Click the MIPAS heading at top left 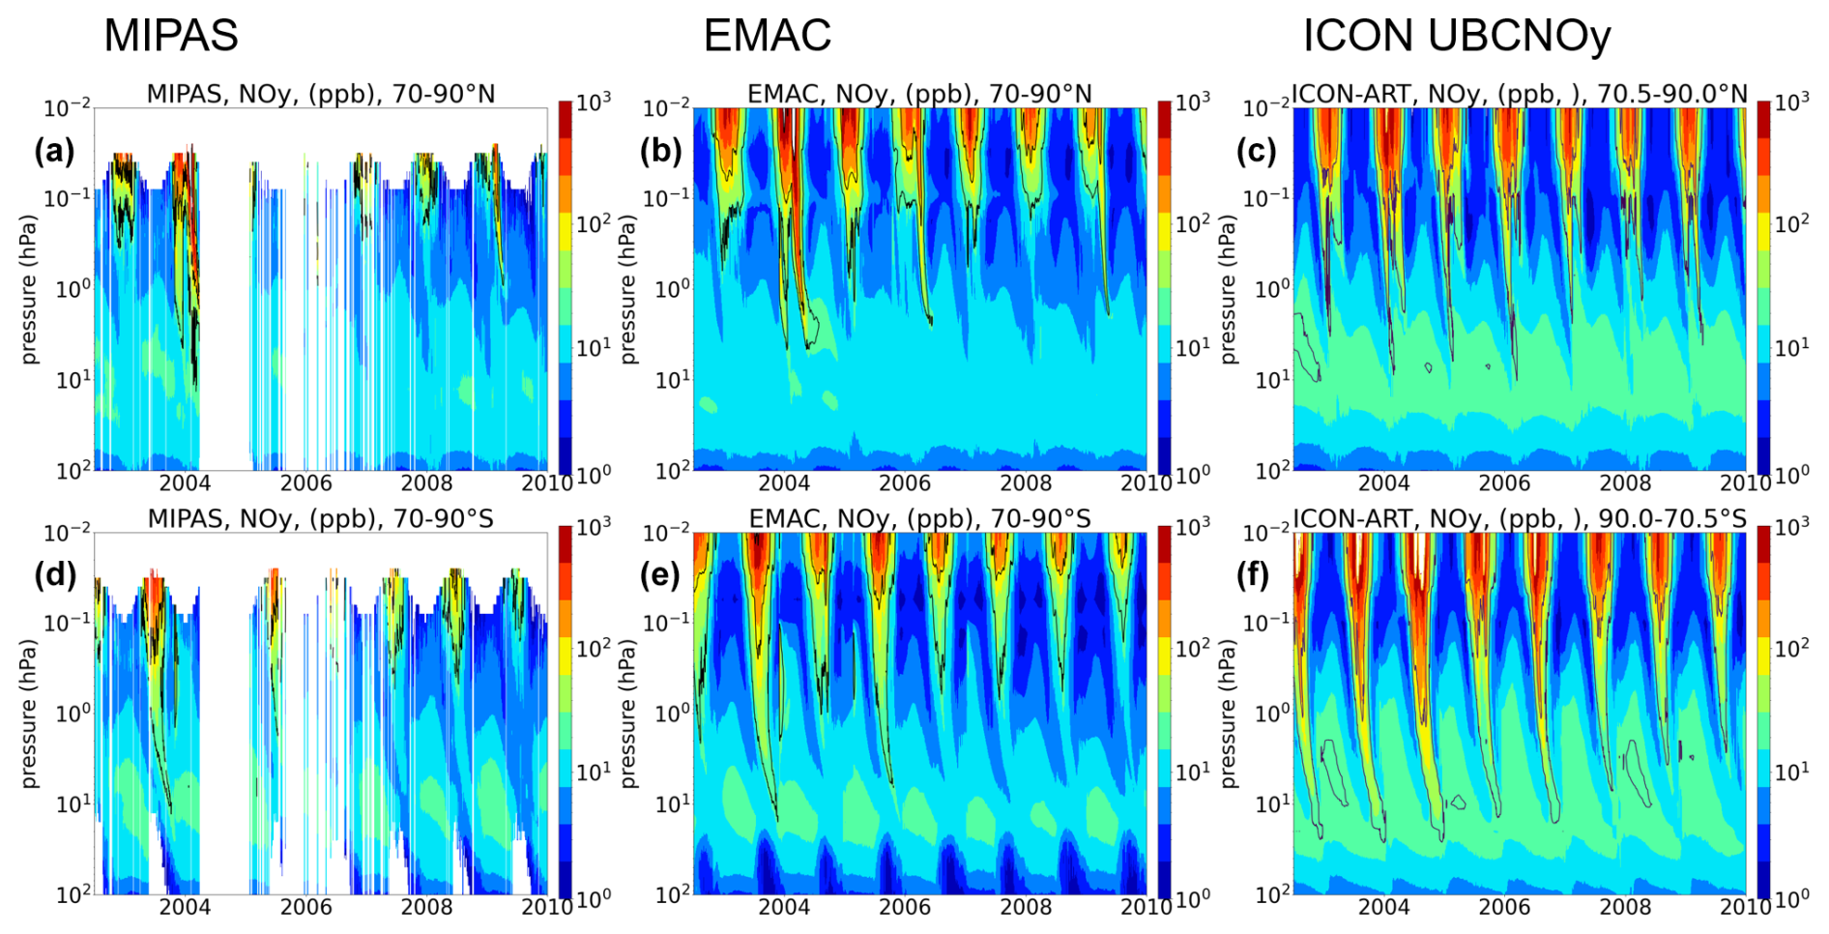click(x=170, y=36)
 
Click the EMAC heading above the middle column click(x=767, y=36)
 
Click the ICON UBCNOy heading click(x=1456, y=36)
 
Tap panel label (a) click(x=54, y=151)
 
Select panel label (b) click(x=660, y=151)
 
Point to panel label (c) click(x=1257, y=151)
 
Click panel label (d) click(x=54, y=574)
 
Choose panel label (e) click(x=660, y=574)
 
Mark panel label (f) click(x=1257, y=574)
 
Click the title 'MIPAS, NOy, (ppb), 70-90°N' click(x=321, y=94)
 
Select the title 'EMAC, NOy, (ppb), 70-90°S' click(x=919, y=519)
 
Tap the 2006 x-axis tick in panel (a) click(x=305, y=482)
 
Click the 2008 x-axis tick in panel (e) click(x=1026, y=907)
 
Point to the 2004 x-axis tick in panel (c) click(x=1383, y=482)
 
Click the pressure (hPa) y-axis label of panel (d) click(x=29, y=714)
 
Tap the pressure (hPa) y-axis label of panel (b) click(x=628, y=289)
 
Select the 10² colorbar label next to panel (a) click(x=594, y=224)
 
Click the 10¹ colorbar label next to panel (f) click(x=1790, y=772)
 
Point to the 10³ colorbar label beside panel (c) click(x=1790, y=102)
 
